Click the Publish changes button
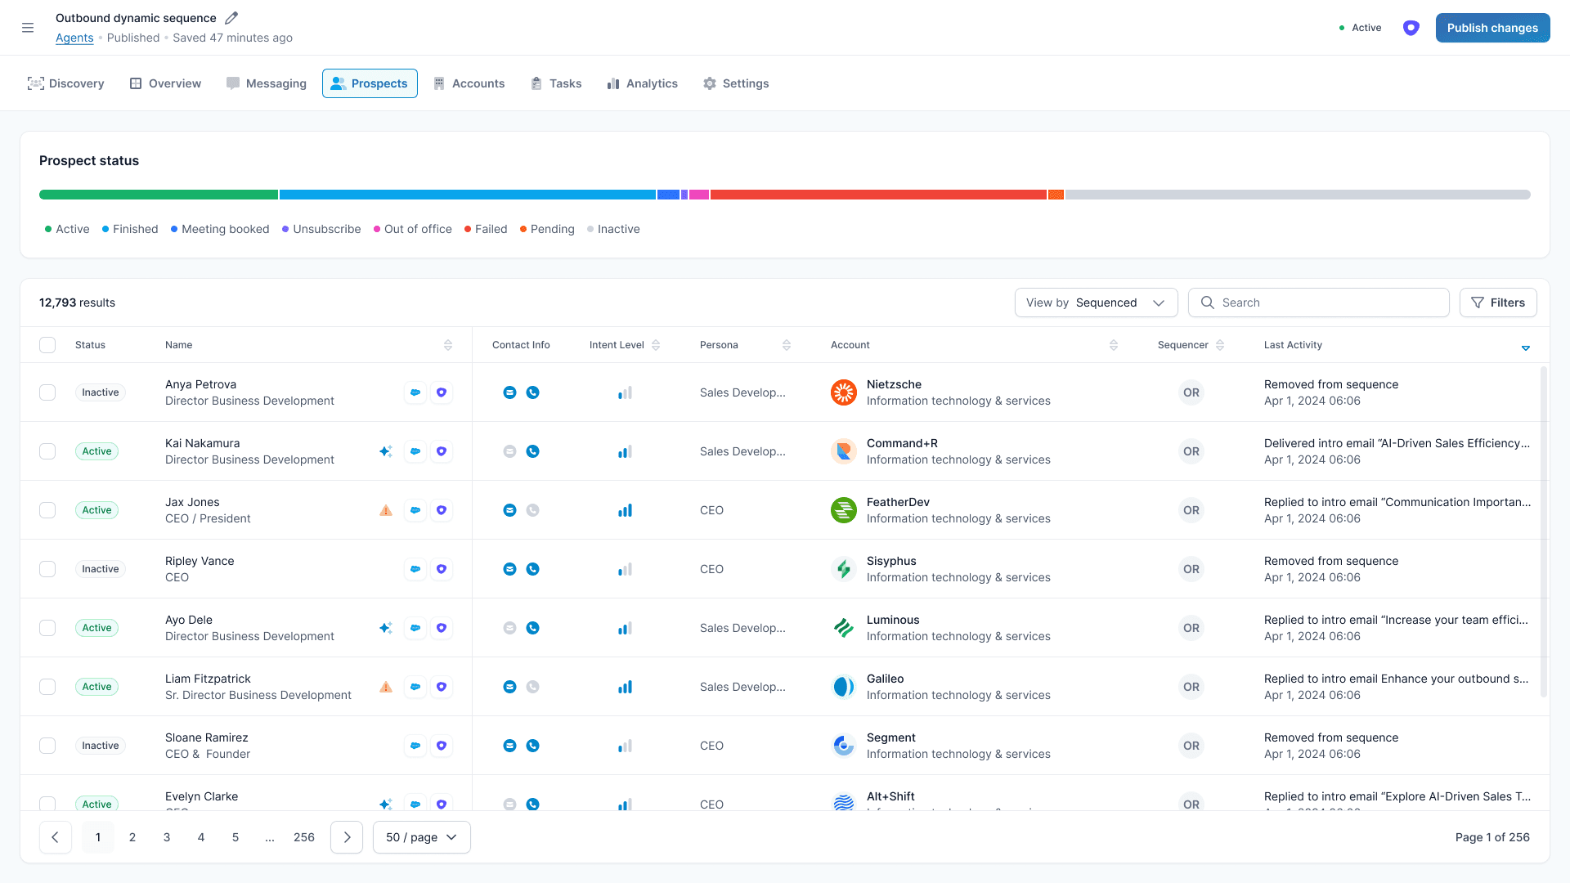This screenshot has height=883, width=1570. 1492,28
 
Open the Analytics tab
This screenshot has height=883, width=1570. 643,83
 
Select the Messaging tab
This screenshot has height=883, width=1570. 267,83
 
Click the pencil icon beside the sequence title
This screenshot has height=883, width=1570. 231,18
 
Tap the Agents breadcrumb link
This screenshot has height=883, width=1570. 74,38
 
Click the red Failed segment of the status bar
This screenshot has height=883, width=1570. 878,195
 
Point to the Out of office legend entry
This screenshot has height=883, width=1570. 413,229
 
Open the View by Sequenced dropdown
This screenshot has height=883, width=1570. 1096,303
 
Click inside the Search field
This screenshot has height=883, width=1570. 1329,303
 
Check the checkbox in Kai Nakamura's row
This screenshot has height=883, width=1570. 47,451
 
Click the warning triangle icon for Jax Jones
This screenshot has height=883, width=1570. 386,510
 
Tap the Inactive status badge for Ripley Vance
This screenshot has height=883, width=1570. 100,569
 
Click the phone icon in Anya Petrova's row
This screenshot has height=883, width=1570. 532,392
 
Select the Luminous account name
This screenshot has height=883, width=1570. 893,620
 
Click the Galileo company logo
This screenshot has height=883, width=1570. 843,687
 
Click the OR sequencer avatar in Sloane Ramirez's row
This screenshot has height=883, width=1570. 1191,746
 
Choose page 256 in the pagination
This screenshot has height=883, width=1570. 304,837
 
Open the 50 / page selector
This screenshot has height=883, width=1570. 421,837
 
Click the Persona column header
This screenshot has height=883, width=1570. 719,345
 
